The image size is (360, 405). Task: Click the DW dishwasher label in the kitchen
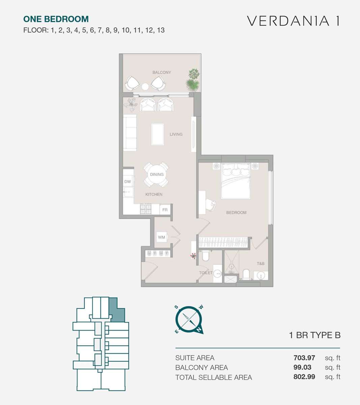click(x=128, y=182)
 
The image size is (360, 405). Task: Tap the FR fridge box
click(x=165, y=210)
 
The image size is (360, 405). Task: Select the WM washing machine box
click(x=162, y=237)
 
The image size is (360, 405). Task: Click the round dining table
click(x=157, y=174)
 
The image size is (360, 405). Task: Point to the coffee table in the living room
click(x=158, y=134)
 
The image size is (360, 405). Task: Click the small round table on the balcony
click(x=145, y=86)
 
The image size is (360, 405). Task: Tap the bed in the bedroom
click(x=236, y=181)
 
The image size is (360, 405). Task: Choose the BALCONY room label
click(x=162, y=72)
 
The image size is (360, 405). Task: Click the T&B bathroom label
click(x=260, y=264)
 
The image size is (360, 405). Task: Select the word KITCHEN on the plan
click(x=154, y=194)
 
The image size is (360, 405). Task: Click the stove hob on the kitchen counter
click(x=146, y=209)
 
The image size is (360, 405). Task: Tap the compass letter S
click(x=176, y=307)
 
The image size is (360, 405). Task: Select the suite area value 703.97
click(x=304, y=357)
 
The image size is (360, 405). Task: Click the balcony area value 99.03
click(x=302, y=367)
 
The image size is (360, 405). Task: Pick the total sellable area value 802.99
click(x=304, y=377)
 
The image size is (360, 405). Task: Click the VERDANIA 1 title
click(x=294, y=21)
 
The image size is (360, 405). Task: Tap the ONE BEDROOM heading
click(x=56, y=19)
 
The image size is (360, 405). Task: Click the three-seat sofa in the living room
click(x=130, y=133)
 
